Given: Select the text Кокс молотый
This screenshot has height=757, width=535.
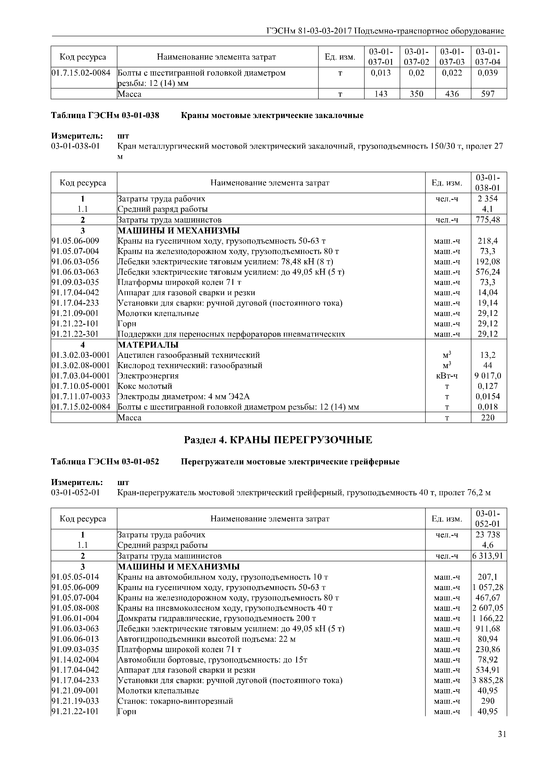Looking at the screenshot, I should click(145, 386).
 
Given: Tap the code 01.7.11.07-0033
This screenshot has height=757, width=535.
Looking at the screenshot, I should click(81, 396).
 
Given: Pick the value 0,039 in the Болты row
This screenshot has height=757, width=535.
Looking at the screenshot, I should click(488, 73).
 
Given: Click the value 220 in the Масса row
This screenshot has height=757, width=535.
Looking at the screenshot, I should click(488, 418).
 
